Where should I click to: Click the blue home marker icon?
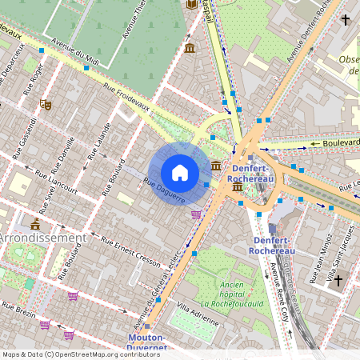180,173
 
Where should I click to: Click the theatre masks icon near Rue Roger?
46,104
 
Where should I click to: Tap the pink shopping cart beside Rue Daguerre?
196,214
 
